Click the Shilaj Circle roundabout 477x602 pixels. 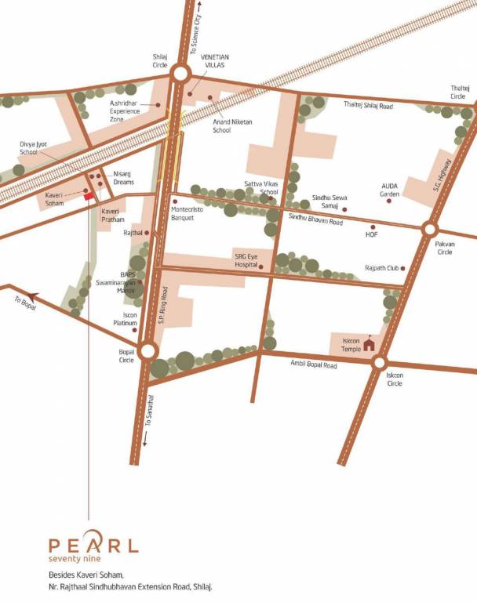[x=180, y=74]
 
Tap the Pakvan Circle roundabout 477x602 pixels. [x=430, y=229]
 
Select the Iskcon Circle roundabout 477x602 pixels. [x=380, y=362]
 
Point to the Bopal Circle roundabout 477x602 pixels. [x=147, y=350]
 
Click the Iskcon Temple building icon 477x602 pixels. [x=369, y=343]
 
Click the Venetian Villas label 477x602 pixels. [x=215, y=61]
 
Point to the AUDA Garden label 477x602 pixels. [x=390, y=189]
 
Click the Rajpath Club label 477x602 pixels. [x=381, y=268]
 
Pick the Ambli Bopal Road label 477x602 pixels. [x=313, y=365]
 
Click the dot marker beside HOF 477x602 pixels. [x=373, y=227]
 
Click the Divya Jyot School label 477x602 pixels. [x=35, y=148]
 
